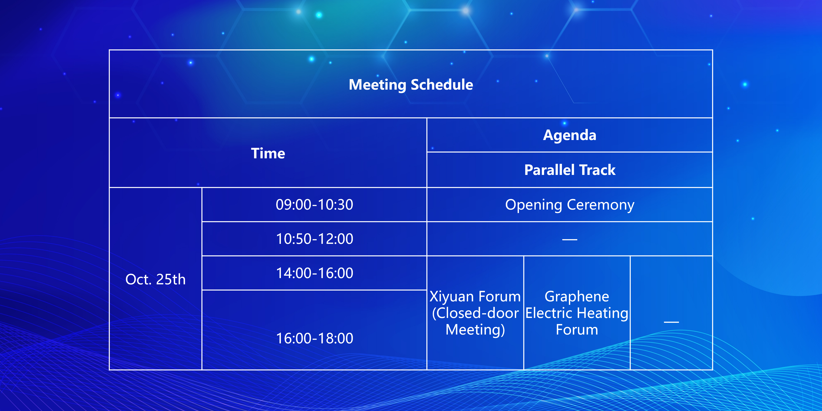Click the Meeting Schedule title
[411, 85]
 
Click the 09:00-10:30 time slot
[314, 205]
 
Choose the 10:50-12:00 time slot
[314, 239]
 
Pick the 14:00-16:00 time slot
[314, 273]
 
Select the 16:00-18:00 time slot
[314, 338]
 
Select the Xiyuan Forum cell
[475, 313]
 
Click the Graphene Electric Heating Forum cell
[577, 313]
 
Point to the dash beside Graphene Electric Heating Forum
[671, 322]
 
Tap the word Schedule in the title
[442, 85]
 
